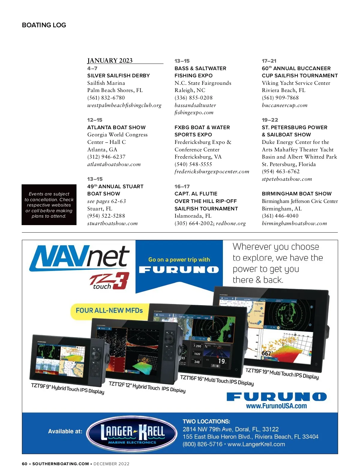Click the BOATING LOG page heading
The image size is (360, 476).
click(44, 25)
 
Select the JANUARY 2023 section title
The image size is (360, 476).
click(110, 61)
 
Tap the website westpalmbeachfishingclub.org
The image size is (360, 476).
click(124, 105)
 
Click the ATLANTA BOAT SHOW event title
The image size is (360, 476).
click(116, 127)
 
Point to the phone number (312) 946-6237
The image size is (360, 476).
click(106, 157)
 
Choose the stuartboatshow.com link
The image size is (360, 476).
click(112, 223)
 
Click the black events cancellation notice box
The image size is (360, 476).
click(49, 205)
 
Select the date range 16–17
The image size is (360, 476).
click(182, 186)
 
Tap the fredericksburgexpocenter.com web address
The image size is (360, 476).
click(212, 172)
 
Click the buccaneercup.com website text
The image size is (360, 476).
click(284, 105)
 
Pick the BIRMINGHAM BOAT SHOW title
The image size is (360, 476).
click(296, 194)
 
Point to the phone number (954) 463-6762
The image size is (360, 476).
click(280, 171)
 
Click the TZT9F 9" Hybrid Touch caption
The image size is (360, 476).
click(67, 388)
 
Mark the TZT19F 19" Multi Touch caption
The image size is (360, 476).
click(282, 373)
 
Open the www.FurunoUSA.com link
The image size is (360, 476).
click(276, 406)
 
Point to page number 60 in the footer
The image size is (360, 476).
click(25, 464)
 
